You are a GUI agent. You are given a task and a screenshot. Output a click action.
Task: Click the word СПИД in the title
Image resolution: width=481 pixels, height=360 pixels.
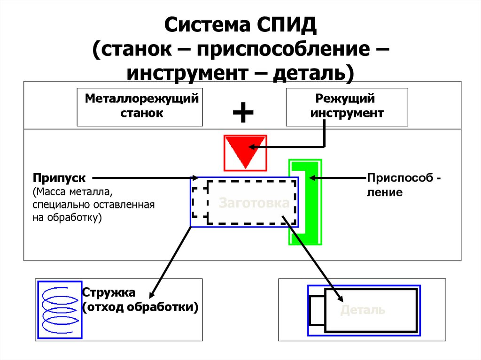(x=287, y=27)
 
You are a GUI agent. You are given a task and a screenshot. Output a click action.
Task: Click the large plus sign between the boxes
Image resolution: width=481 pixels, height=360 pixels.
(x=243, y=113)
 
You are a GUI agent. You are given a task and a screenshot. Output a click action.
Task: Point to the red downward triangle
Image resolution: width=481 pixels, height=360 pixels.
(x=245, y=150)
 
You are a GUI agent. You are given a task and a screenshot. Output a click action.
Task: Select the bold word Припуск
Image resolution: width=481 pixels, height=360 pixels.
(x=59, y=178)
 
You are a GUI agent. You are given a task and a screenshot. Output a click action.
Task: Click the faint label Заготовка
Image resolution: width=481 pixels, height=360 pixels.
(x=254, y=203)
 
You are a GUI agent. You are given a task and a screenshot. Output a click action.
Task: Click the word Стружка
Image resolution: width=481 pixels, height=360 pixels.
(x=109, y=293)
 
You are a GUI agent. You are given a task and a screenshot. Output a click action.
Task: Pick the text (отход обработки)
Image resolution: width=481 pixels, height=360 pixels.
(x=140, y=307)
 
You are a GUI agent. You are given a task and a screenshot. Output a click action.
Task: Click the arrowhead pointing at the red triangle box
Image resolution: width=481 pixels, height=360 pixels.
(x=254, y=146)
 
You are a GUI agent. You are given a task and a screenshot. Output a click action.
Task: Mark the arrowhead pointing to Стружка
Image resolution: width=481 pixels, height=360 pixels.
(x=152, y=294)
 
